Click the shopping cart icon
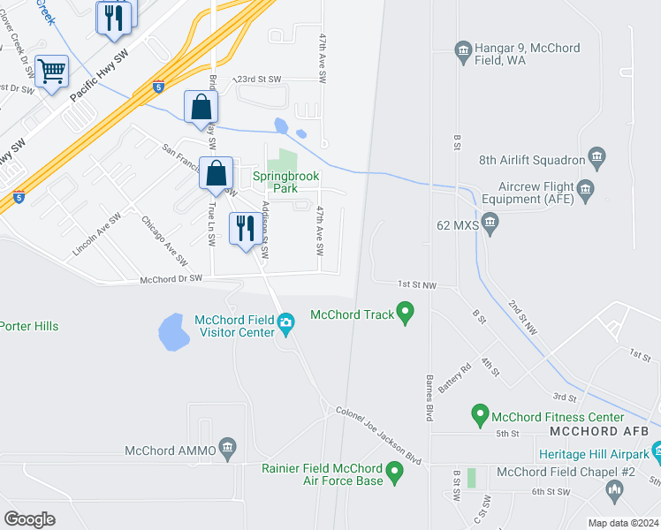pos(52,71)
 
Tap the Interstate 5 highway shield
pos(157,87)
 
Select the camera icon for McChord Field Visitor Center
pos(285,326)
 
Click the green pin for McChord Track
pos(406,313)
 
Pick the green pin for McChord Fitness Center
pos(480,413)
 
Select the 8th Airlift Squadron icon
pos(597,159)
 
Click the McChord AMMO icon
pos(228,450)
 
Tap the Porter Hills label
pos(29,326)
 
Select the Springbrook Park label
pos(286,182)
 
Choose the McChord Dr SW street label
pos(171,278)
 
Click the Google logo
pos(29,519)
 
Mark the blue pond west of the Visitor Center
pos(173,332)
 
